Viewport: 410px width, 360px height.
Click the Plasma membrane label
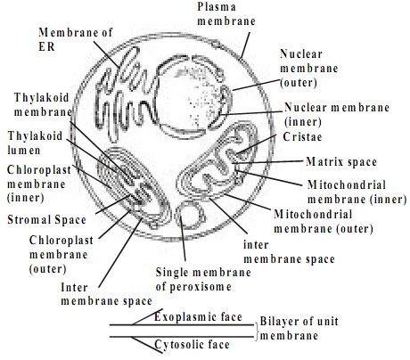coord(226,14)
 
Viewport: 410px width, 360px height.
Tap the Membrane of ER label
coord(76,39)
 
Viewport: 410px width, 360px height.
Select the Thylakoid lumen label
coord(35,143)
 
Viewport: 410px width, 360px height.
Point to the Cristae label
coord(302,136)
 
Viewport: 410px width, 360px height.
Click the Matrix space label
coord(341,162)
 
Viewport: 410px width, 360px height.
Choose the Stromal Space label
coord(46,220)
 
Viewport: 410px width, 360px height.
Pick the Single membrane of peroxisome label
coord(203,280)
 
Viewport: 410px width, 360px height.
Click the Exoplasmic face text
coord(198,316)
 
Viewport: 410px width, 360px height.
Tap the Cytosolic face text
coord(192,344)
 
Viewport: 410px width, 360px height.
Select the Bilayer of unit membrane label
coord(299,328)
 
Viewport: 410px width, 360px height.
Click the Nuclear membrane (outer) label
coord(309,69)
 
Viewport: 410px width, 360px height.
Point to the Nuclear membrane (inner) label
coord(337,114)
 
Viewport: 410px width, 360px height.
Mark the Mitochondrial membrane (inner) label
coord(357,192)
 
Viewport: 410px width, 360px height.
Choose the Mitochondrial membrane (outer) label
coord(324,221)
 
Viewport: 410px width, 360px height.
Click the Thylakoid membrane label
coord(43,104)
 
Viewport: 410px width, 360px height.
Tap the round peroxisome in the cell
coord(191,215)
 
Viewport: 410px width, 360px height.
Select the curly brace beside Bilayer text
coord(257,331)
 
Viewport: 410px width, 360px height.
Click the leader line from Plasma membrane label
coord(245,45)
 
